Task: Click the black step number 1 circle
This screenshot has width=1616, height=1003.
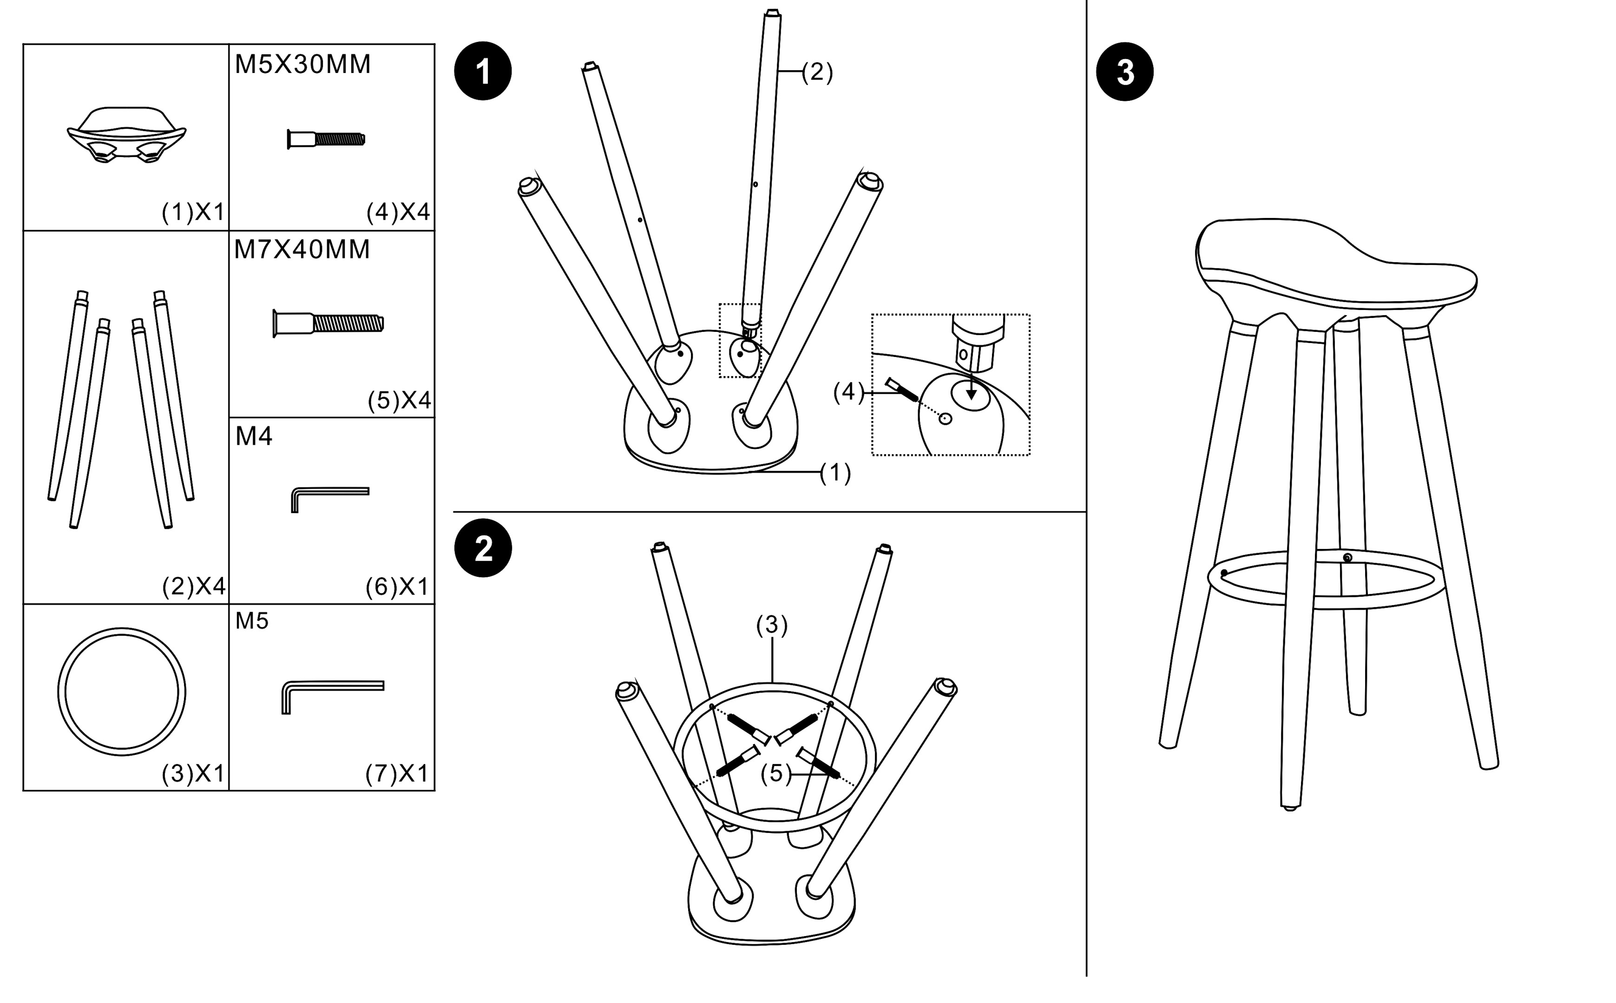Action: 482,72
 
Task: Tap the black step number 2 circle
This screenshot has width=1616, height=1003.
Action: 482,548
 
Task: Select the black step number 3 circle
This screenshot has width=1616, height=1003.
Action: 1124,72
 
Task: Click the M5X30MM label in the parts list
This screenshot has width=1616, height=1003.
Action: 302,64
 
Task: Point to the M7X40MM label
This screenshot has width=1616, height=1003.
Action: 302,250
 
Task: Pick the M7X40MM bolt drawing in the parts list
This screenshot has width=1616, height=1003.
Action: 328,323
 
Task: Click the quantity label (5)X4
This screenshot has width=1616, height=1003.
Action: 399,400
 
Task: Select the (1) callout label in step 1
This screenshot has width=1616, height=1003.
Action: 835,473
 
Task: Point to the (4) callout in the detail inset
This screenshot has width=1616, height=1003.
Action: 849,393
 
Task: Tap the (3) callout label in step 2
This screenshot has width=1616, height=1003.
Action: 772,625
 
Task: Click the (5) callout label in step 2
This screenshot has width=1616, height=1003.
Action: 776,773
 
